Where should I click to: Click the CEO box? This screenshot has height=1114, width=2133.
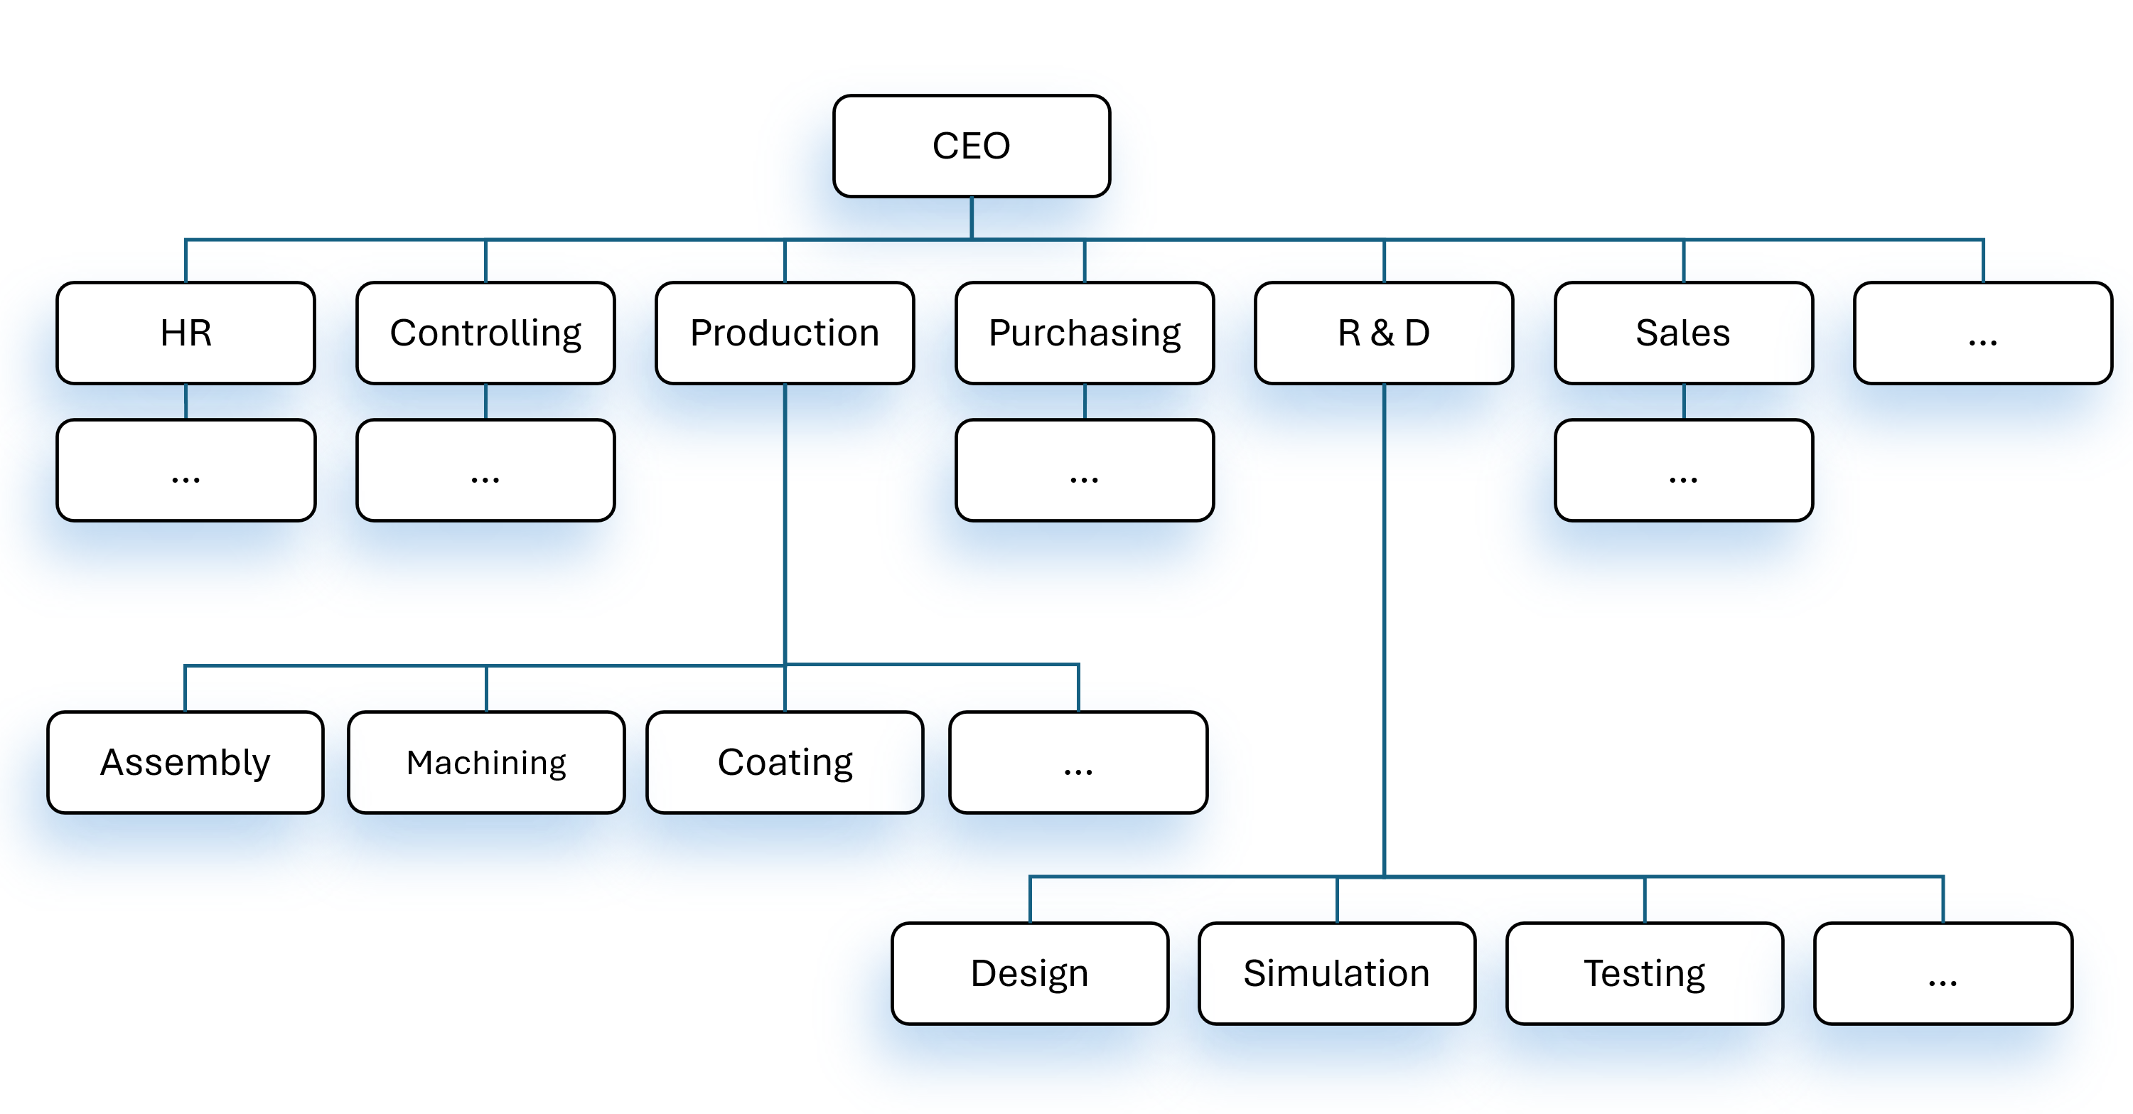972,146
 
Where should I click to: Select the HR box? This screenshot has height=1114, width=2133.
186,333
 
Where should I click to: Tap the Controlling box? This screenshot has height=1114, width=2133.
485,333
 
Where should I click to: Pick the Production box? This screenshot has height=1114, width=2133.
784,333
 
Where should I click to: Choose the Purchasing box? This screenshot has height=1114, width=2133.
1085,333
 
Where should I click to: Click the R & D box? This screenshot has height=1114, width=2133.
1384,333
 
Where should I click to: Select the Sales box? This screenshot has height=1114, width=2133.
1683,333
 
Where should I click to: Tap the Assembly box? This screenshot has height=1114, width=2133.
186,762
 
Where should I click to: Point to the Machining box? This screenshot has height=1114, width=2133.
486,762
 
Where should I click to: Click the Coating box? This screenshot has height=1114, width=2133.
785,762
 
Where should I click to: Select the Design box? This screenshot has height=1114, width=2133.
1029,973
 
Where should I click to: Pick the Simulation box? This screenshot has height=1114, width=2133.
1336,973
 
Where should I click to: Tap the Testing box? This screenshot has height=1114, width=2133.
1645,973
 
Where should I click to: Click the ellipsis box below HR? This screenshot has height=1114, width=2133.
186,471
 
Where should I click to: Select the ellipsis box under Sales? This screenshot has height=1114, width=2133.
1683,471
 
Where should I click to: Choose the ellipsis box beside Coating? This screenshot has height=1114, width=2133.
1078,762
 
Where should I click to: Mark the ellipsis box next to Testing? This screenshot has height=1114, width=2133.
1943,973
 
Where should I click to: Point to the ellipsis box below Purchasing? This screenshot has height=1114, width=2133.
1085,471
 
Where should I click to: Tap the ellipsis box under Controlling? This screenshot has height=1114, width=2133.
485,471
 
